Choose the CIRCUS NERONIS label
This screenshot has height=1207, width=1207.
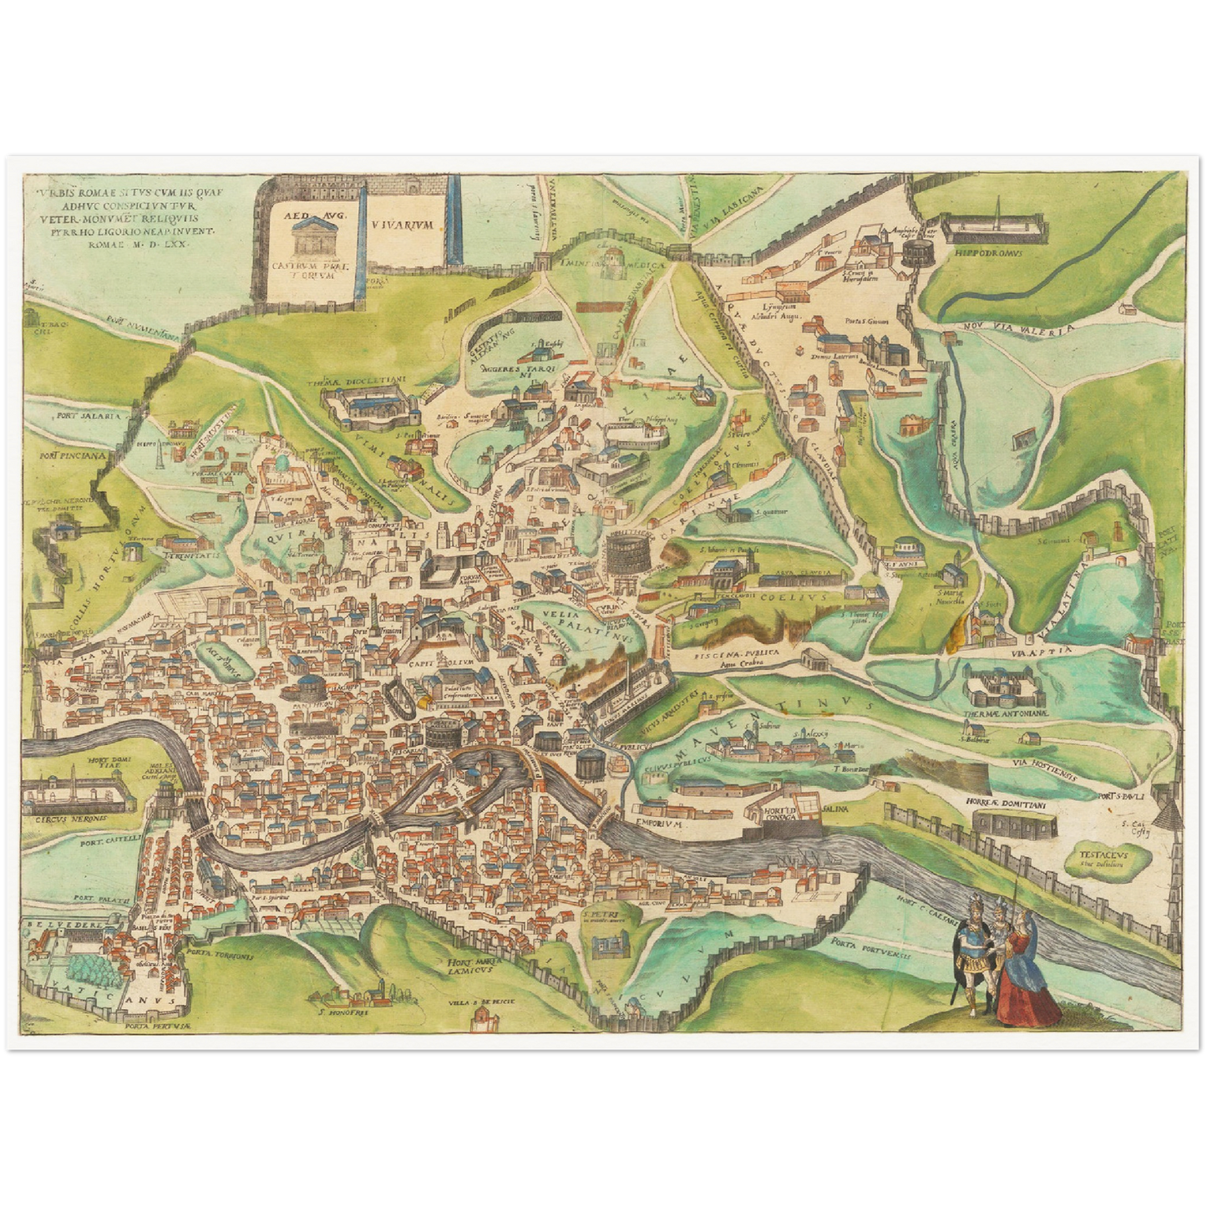(x=69, y=819)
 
